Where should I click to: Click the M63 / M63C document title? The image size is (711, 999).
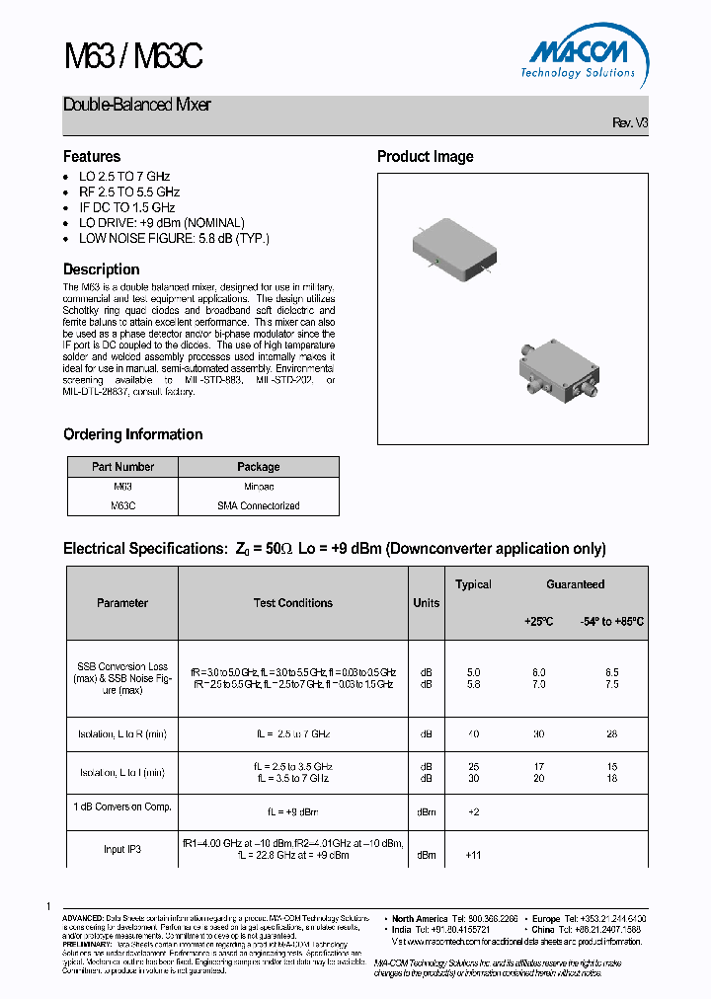(x=132, y=57)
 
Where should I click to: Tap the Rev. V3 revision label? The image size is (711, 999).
(x=630, y=123)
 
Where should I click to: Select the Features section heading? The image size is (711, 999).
(x=92, y=157)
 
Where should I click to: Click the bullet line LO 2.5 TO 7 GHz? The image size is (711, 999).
(x=124, y=177)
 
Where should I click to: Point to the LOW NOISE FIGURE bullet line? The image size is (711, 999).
(x=174, y=238)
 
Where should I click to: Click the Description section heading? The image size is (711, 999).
(x=102, y=269)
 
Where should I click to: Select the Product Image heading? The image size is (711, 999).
(x=426, y=157)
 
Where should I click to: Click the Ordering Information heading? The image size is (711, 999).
(x=133, y=434)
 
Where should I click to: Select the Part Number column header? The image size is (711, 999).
(x=122, y=467)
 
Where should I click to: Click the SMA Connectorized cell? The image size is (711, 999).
(x=259, y=505)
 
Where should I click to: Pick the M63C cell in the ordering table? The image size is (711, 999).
(x=122, y=505)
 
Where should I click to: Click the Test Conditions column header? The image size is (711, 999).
(x=293, y=603)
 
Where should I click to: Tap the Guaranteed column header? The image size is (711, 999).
(x=576, y=584)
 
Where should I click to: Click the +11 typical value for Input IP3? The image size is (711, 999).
(x=472, y=855)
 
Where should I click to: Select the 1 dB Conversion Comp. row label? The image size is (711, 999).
(x=122, y=807)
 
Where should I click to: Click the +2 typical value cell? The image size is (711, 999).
(x=472, y=811)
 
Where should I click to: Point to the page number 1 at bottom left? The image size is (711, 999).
(x=48, y=906)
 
